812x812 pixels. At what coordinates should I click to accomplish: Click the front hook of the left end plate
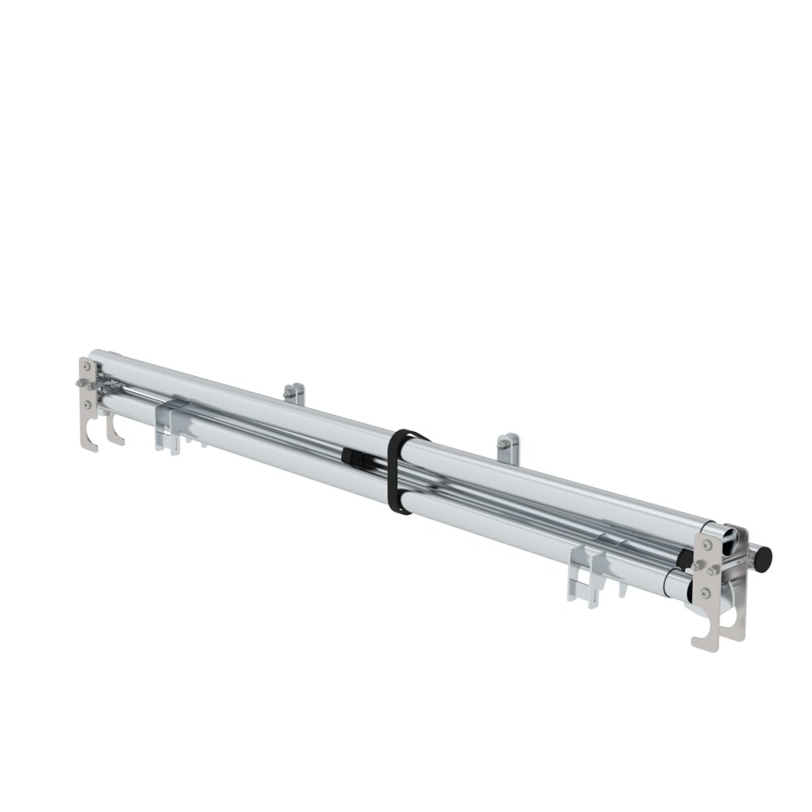(x=89, y=438)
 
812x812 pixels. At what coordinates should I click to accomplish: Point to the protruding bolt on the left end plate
(x=80, y=382)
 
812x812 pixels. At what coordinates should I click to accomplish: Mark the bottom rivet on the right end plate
(x=705, y=594)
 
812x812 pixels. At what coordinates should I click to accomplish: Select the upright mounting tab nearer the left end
(x=295, y=394)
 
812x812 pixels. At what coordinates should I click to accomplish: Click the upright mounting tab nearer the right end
(x=508, y=446)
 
